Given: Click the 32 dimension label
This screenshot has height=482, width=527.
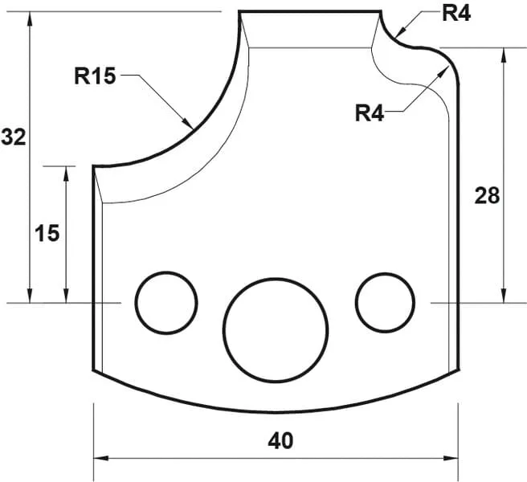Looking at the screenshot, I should coord(14,137).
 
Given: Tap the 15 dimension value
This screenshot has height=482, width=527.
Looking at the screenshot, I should coord(47,233).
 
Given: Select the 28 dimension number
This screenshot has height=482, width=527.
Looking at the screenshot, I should coord(487,195).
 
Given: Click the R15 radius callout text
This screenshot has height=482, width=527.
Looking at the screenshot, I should coord(96,77).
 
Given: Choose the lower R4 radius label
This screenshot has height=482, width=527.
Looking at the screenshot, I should coord(371,113).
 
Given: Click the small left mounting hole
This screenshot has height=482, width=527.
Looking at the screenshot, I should coord(166,302).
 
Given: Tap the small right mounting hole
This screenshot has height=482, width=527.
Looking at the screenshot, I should coord(386,302).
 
